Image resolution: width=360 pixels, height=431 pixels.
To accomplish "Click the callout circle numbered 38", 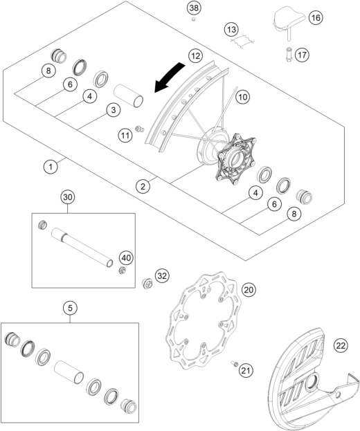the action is (x=194, y=8).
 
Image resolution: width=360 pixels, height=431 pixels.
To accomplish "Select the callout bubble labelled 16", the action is (x=316, y=17).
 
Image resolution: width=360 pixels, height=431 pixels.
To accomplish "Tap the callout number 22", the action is (x=341, y=345).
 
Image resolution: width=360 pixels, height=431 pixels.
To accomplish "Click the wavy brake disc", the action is (x=204, y=320).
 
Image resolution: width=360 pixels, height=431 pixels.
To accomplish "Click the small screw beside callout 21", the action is (x=235, y=363).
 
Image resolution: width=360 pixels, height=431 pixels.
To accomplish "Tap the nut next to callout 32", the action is (x=147, y=284).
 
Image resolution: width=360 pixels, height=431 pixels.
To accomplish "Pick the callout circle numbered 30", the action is (x=68, y=197).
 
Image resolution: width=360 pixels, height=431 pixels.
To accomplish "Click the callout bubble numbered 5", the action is (x=70, y=308).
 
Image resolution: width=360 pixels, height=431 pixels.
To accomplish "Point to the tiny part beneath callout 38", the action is (x=193, y=19).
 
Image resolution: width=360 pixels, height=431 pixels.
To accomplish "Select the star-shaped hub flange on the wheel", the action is (x=236, y=159).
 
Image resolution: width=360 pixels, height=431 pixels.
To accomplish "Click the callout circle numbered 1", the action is (x=51, y=167).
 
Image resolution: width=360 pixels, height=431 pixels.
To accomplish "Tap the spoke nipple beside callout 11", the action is (x=140, y=129).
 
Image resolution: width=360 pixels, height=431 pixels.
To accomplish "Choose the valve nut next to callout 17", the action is (x=289, y=55).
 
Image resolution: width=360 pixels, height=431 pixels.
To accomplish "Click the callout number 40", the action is (x=126, y=258).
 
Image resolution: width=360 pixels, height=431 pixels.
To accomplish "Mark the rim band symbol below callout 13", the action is (x=242, y=42).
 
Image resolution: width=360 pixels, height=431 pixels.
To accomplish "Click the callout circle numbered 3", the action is (x=114, y=110).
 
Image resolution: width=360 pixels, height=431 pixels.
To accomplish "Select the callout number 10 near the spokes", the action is (x=242, y=97).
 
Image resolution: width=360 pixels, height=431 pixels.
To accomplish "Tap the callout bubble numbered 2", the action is (x=143, y=187).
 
